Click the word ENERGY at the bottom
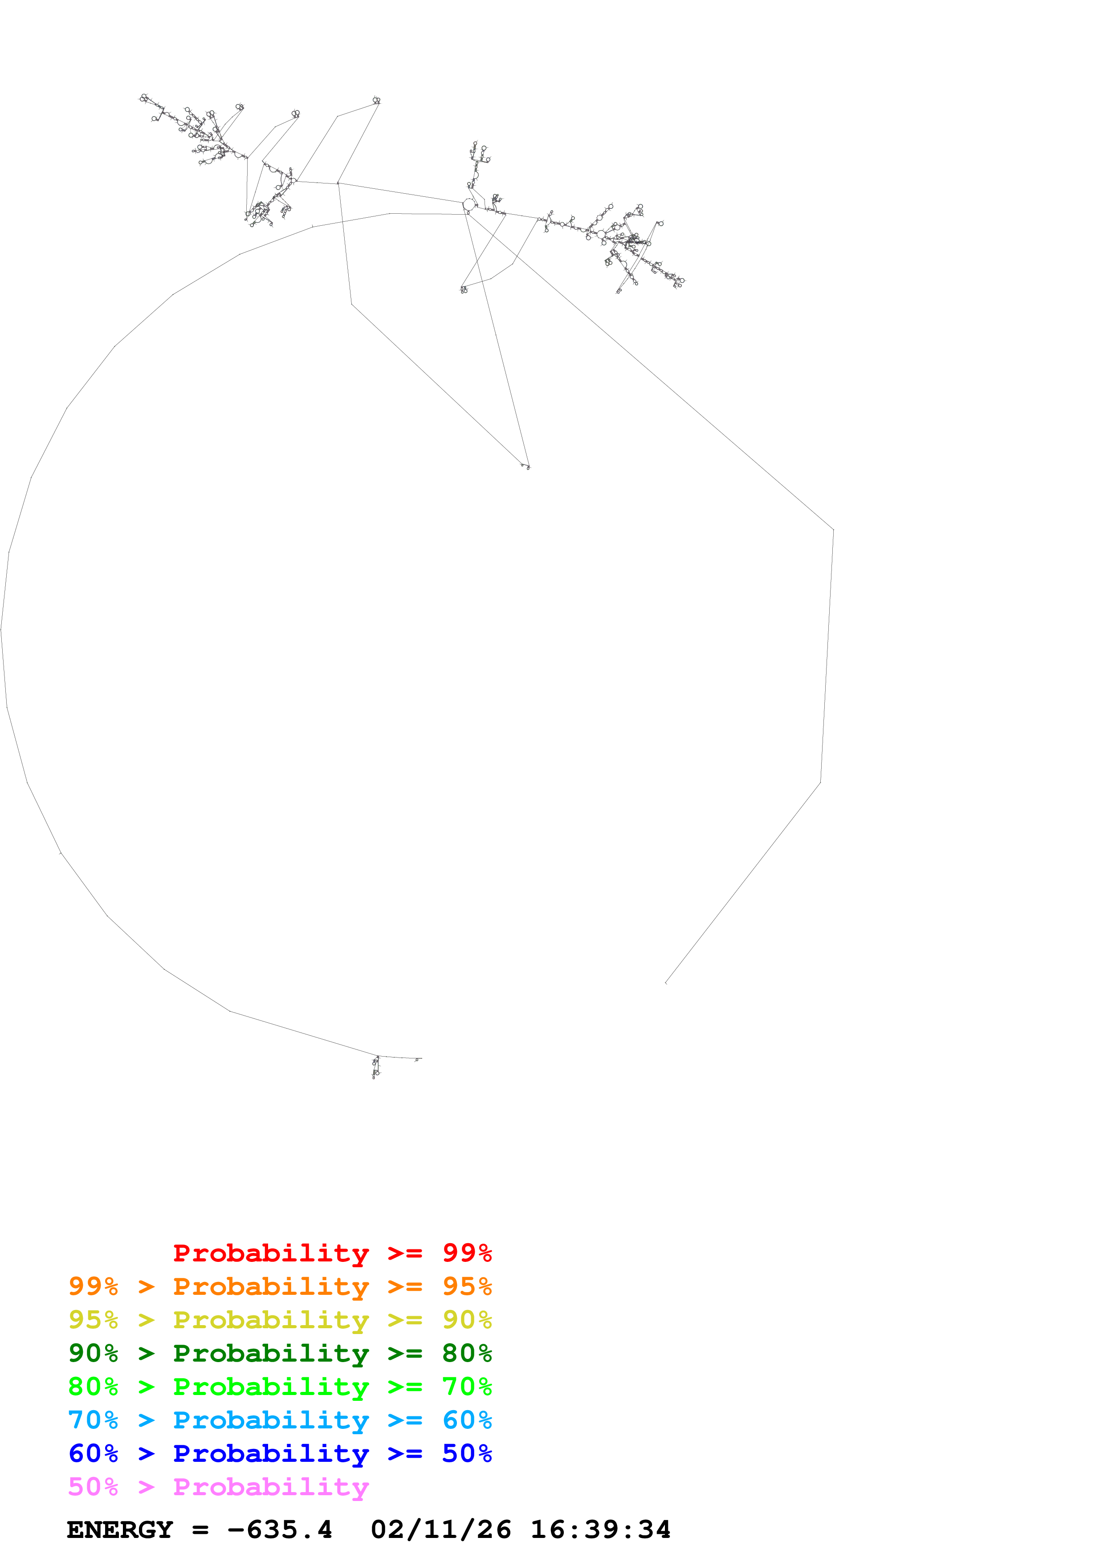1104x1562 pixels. (x=120, y=1530)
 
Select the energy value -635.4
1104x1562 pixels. (x=280, y=1530)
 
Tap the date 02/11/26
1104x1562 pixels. (x=441, y=1530)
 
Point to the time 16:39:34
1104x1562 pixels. (x=601, y=1530)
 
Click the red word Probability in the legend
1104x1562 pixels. (x=271, y=1253)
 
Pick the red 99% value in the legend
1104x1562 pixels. (x=467, y=1253)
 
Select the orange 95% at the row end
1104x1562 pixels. (x=467, y=1286)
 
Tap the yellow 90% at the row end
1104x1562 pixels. (x=467, y=1320)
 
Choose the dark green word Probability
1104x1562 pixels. (x=271, y=1354)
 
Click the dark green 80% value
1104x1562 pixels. (x=467, y=1353)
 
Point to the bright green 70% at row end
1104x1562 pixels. (x=467, y=1387)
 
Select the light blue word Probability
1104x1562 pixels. (x=271, y=1420)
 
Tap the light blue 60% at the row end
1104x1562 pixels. (x=467, y=1420)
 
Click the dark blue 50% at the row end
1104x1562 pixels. (x=467, y=1453)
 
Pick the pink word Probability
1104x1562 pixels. (x=271, y=1488)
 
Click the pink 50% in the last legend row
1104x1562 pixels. (x=93, y=1487)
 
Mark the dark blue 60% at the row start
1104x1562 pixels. (x=93, y=1453)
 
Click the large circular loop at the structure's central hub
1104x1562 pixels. (x=468, y=204)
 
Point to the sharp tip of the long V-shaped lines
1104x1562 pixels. (x=528, y=467)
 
